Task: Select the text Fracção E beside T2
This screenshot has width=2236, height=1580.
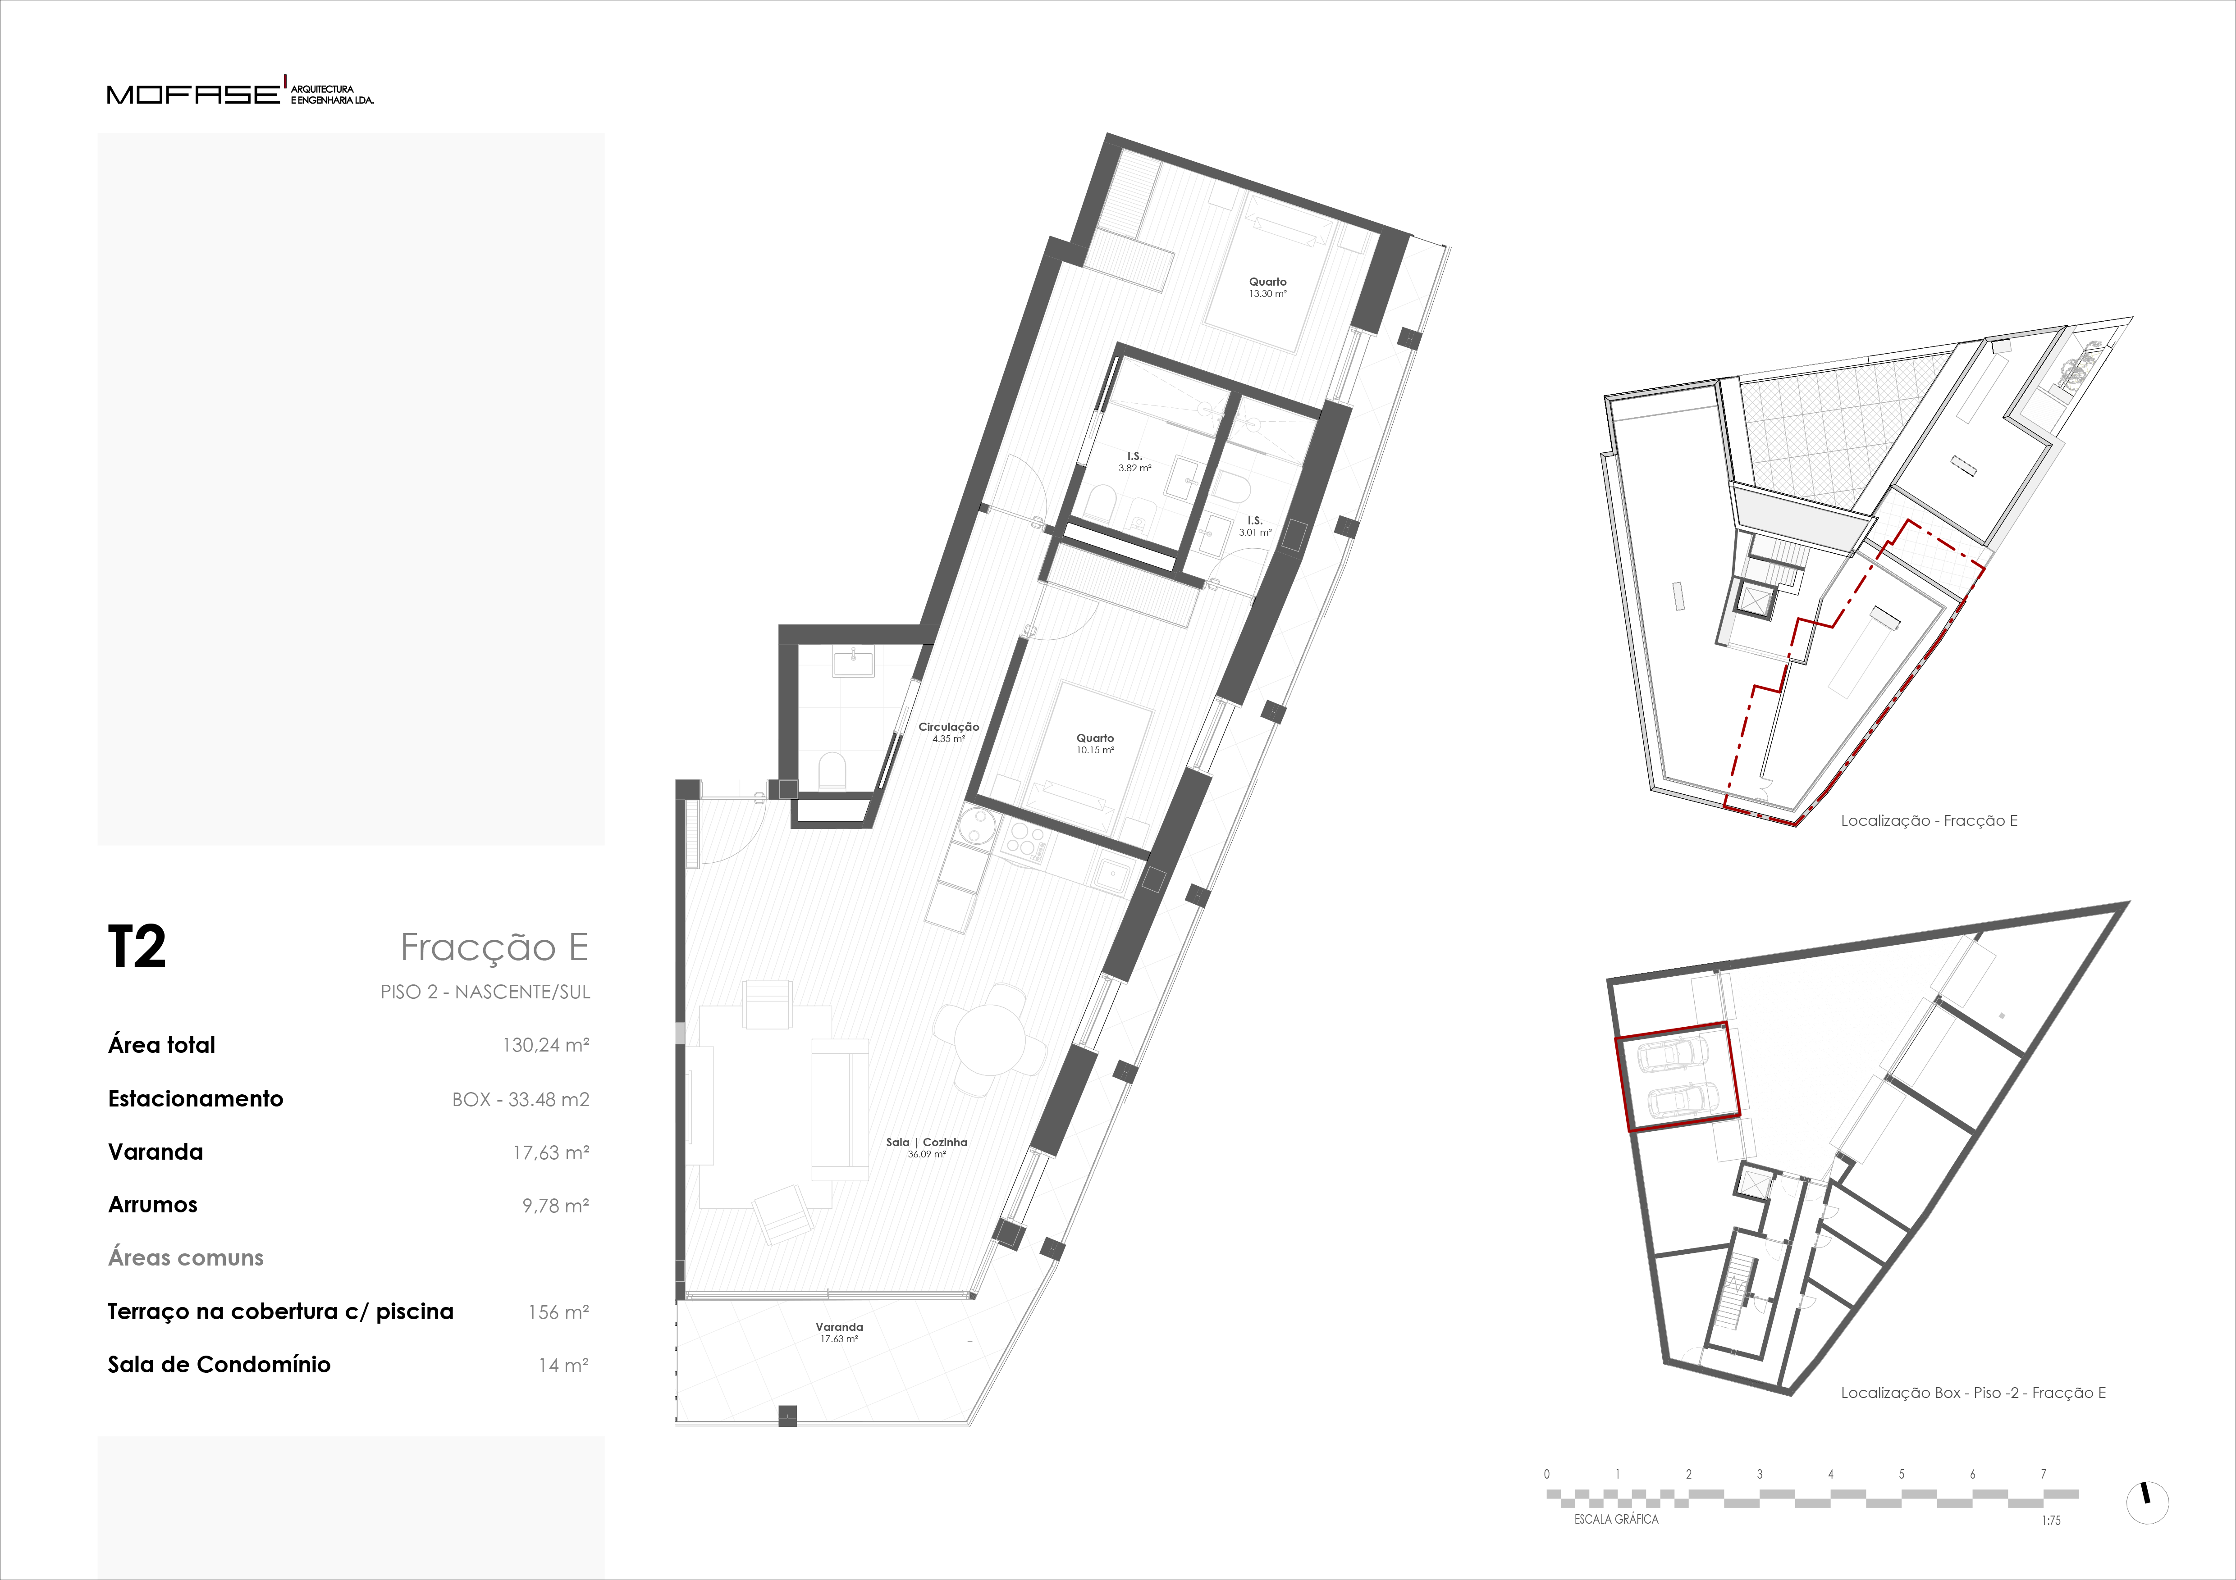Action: (x=495, y=946)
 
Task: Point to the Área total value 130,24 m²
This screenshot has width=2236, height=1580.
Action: (x=545, y=1045)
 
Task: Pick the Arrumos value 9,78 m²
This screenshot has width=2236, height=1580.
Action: (x=555, y=1205)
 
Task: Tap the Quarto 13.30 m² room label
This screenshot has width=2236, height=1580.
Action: (x=1268, y=287)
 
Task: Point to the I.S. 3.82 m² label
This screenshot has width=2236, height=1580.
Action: (x=1134, y=461)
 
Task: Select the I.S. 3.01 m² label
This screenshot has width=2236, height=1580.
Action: (x=1255, y=526)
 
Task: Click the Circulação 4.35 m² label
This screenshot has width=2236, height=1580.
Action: (x=949, y=732)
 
